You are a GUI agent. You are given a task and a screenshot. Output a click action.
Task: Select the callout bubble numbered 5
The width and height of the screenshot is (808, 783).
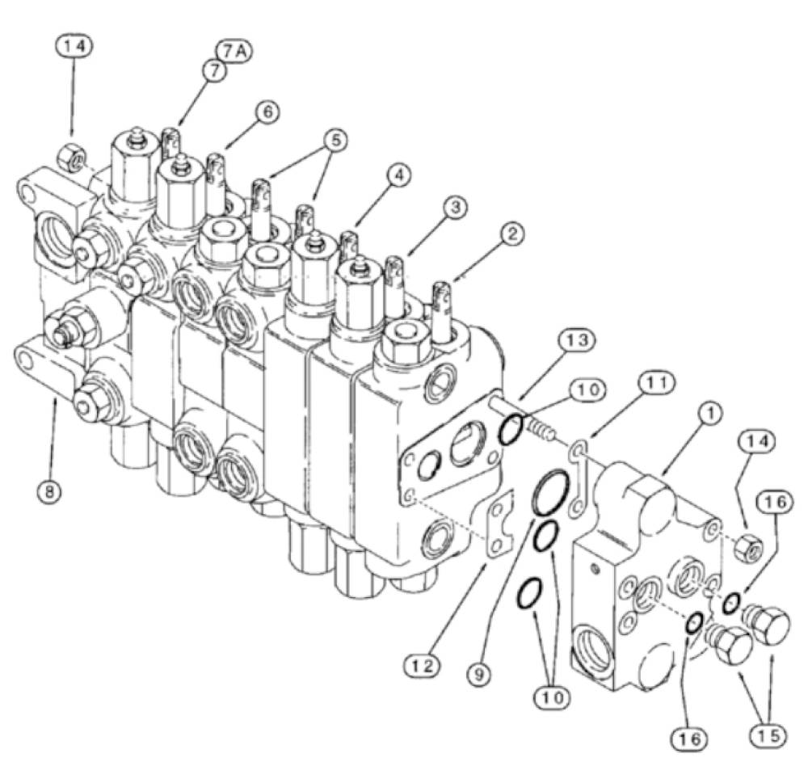point(335,141)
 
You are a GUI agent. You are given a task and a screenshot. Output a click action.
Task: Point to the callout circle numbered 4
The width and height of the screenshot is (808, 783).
point(398,175)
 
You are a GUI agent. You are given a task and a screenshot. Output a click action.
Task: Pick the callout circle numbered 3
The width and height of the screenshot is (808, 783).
point(454,208)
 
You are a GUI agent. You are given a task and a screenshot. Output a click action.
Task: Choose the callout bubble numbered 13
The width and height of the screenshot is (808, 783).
point(575,340)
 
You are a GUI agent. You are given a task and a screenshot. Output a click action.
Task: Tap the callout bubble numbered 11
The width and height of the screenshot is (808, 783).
point(656,384)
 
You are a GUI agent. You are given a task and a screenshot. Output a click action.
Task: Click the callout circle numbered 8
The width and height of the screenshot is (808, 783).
point(49,491)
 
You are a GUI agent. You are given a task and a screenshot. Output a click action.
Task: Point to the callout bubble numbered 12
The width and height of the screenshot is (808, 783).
point(423,666)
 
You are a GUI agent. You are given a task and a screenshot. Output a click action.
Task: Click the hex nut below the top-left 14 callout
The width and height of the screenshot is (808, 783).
point(70,158)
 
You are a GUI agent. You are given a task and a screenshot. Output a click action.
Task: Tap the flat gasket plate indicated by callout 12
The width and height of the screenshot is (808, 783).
point(500,524)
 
